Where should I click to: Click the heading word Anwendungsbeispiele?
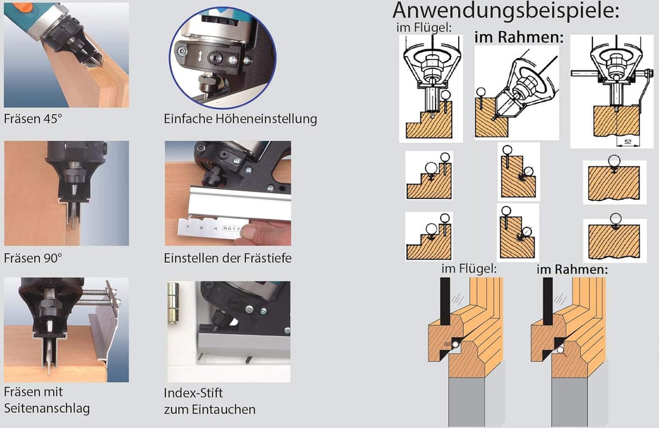point(506,12)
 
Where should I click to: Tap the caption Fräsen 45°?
point(33,118)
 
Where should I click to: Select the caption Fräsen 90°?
point(33,257)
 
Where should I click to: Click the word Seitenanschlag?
point(46,408)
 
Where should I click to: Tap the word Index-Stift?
point(193,393)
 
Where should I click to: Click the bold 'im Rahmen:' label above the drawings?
point(519,37)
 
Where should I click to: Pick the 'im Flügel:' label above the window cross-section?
point(469,269)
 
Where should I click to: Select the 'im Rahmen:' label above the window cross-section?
point(572,269)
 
